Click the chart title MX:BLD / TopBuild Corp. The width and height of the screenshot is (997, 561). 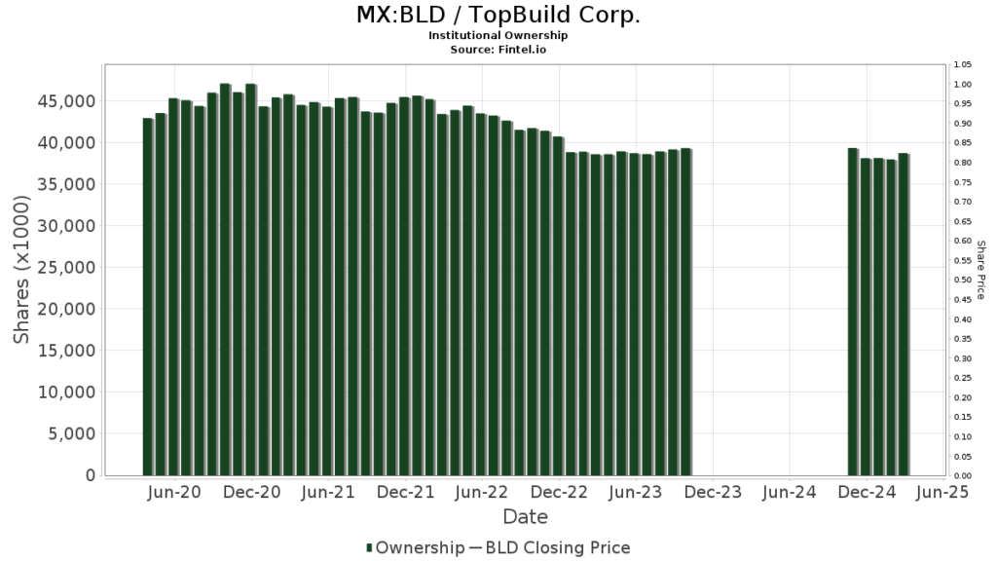498,17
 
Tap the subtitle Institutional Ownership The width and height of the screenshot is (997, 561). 498,35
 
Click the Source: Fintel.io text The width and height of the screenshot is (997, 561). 498,49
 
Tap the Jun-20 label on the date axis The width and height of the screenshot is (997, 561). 175,493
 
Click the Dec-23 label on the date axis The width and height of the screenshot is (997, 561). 713,493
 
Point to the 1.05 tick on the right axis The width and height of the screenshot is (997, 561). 963,65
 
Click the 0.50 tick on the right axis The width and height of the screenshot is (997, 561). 963,280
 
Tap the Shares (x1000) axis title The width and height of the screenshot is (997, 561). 22,269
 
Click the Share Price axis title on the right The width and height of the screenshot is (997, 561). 980,270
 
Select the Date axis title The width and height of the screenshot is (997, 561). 525,516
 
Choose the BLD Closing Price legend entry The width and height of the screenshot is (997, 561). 557,547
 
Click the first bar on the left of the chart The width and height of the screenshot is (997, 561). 148,297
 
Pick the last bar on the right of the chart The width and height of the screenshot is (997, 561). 904,315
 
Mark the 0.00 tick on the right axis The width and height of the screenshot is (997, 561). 963,476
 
